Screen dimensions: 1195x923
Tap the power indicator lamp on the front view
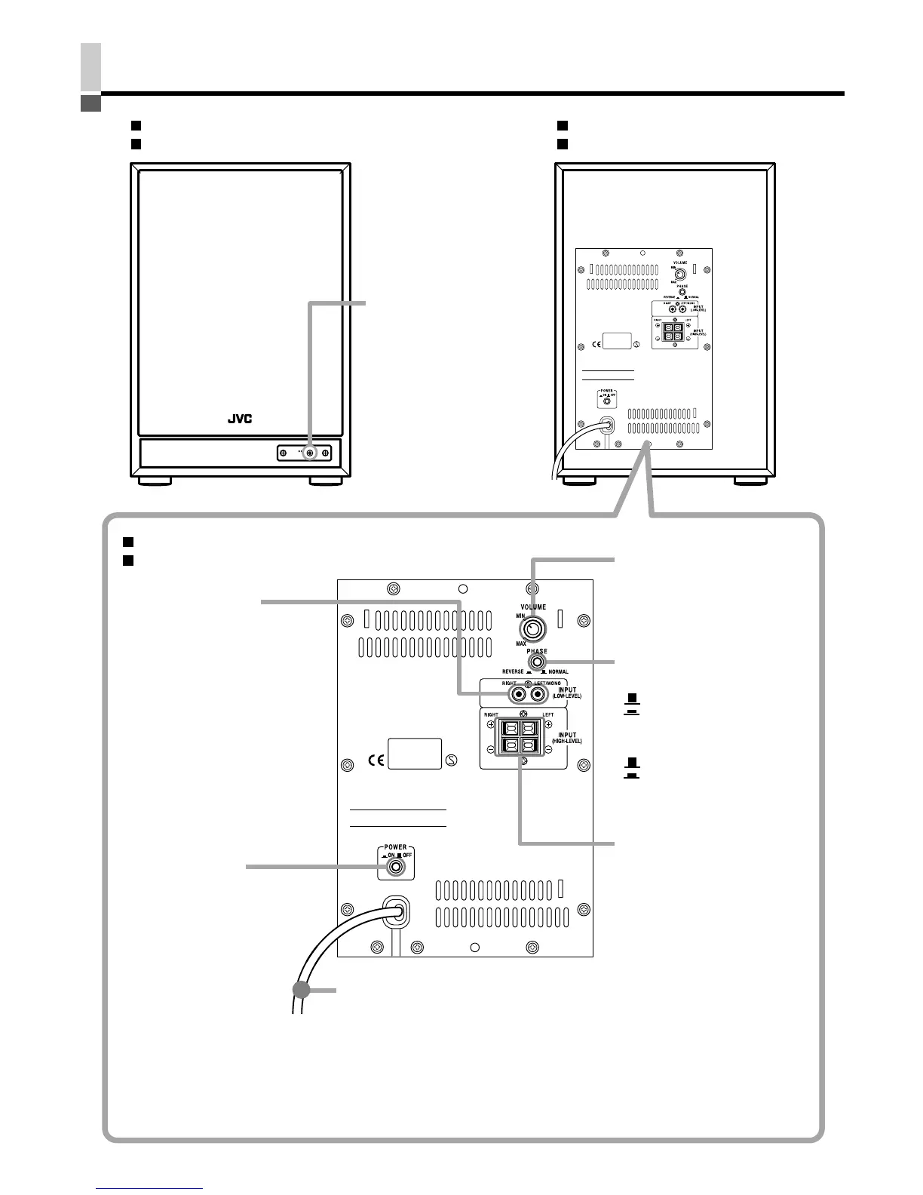point(310,453)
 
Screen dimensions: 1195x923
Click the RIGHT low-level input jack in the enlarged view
point(518,694)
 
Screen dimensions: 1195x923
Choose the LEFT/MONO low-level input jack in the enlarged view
point(538,694)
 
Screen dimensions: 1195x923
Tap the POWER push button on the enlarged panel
point(396,868)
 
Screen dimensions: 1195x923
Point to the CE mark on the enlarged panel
point(376,760)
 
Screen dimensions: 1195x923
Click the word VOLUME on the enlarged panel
point(532,607)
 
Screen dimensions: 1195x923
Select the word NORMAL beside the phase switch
point(558,671)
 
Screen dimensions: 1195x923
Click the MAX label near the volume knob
point(521,644)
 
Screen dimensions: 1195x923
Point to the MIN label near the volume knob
point(520,616)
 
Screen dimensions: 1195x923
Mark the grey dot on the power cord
point(302,991)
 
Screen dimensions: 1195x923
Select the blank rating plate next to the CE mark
point(414,754)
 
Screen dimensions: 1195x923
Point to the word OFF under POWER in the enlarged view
point(406,856)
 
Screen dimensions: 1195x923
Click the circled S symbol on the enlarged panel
point(451,760)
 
